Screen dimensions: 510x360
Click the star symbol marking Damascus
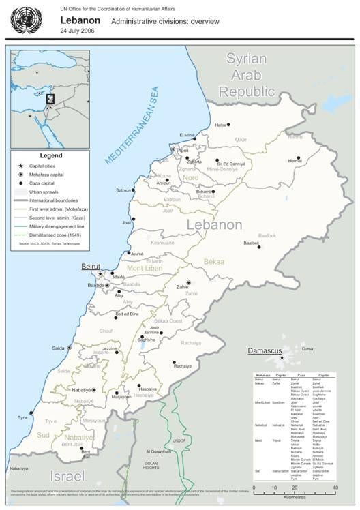tap(281, 357)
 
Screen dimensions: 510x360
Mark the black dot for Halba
tap(228, 125)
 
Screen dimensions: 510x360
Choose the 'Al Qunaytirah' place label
tap(159, 451)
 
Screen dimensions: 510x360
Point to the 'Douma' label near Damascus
tap(308, 348)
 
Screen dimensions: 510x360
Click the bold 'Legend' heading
tap(51, 155)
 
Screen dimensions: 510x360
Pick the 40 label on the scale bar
tap(335, 488)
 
